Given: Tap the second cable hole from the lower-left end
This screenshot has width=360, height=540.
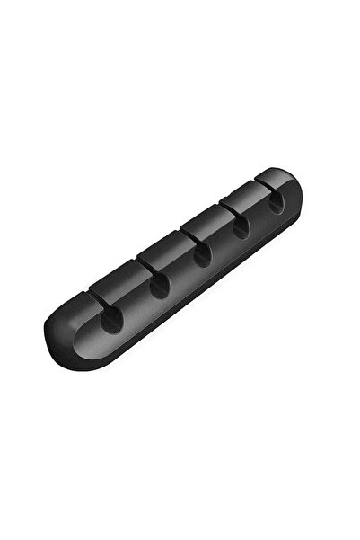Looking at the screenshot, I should (160, 287).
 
